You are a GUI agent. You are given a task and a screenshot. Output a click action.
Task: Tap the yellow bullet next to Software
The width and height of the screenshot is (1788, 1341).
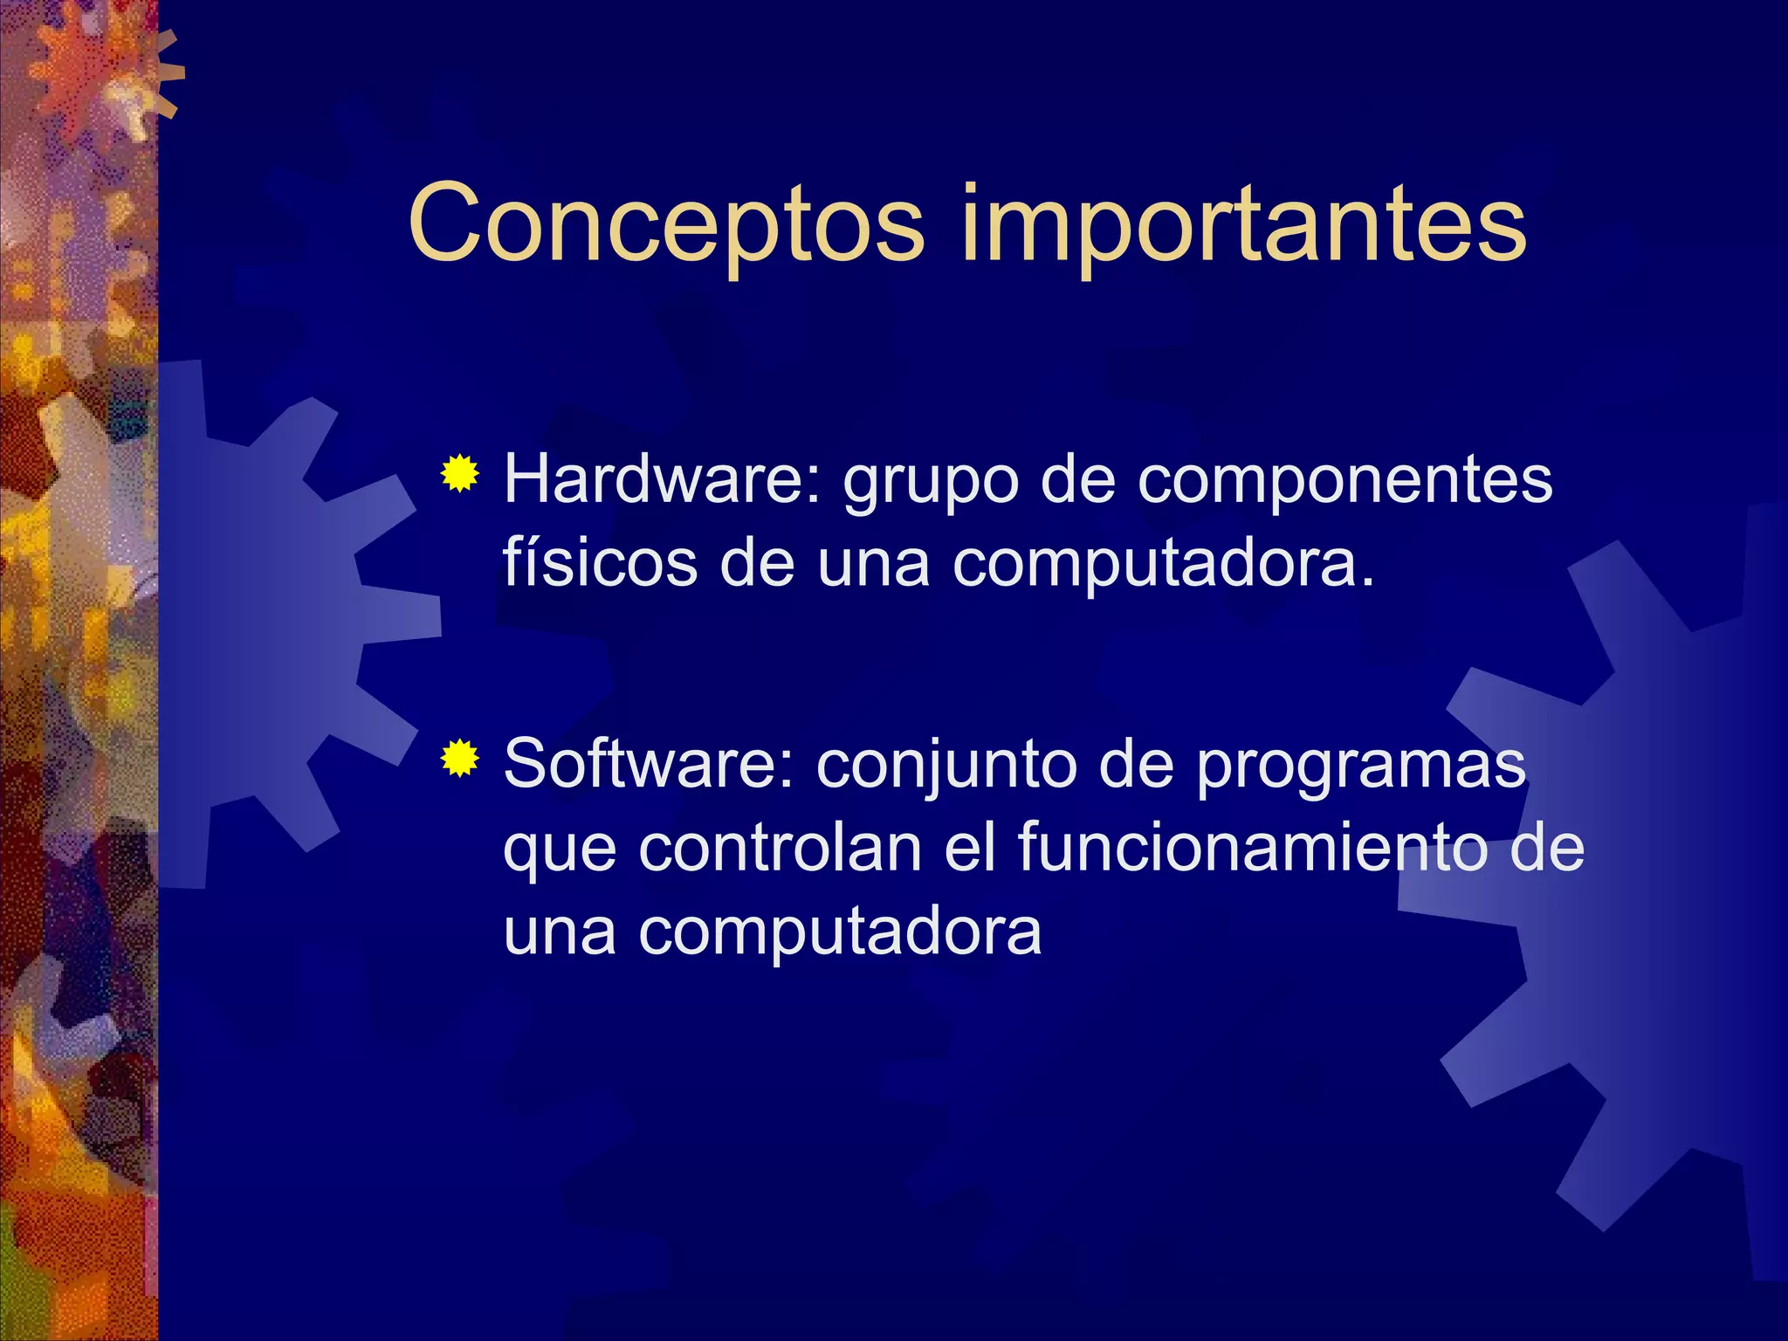(x=459, y=759)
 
